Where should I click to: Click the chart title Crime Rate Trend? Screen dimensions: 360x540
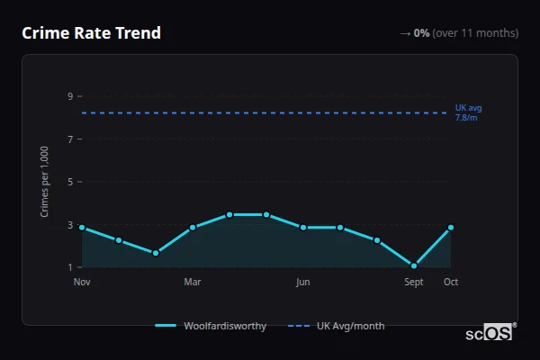point(91,33)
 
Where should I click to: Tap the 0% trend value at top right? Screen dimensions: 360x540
point(421,33)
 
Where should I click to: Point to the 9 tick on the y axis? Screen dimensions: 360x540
point(69,96)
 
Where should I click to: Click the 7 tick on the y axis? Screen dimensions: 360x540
point(69,139)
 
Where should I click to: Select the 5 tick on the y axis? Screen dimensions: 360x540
point(69,182)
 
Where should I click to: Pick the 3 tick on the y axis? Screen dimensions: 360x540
point(69,225)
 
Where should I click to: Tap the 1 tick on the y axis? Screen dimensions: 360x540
point(69,267)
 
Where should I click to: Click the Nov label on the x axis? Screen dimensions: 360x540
point(82,283)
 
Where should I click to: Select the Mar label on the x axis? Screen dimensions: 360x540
point(193,283)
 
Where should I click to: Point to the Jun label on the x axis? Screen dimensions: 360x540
point(303,283)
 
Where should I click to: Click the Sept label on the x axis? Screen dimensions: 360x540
point(414,283)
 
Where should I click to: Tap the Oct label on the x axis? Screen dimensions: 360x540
point(451,283)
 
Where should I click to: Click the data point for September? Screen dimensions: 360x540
point(414,265)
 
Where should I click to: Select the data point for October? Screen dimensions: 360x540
point(451,228)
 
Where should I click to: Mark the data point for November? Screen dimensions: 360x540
point(82,228)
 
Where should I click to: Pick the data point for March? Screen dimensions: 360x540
point(193,228)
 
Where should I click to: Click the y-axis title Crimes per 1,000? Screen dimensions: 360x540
point(45,182)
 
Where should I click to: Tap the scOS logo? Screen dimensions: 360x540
point(490,333)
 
